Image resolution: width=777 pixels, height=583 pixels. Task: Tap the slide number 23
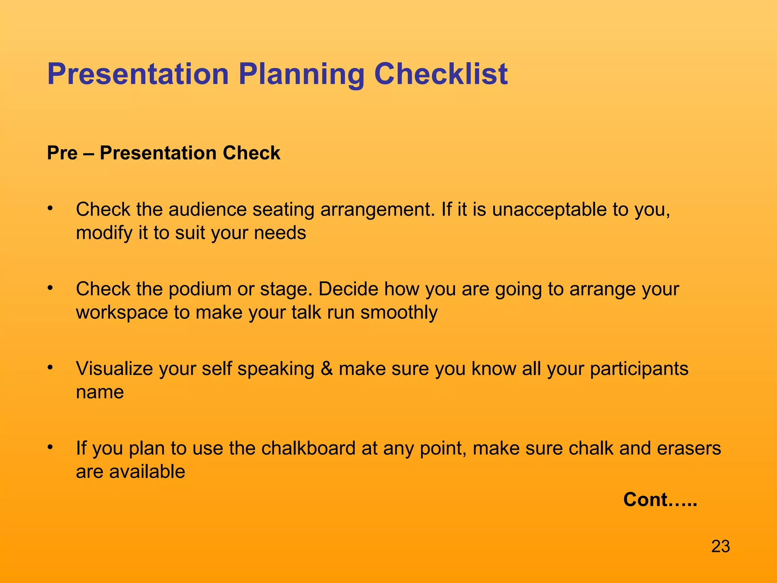[x=720, y=547]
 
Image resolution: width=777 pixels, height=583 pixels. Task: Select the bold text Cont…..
[x=660, y=499]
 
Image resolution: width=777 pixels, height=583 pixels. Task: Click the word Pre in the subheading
[x=62, y=153]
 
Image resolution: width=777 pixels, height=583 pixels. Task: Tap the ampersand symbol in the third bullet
[x=327, y=369]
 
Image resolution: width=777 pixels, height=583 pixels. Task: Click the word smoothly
[x=399, y=313]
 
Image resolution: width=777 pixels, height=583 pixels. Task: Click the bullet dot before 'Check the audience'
[x=50, y=208]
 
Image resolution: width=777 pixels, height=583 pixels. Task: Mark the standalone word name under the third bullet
[x=100, y=392]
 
